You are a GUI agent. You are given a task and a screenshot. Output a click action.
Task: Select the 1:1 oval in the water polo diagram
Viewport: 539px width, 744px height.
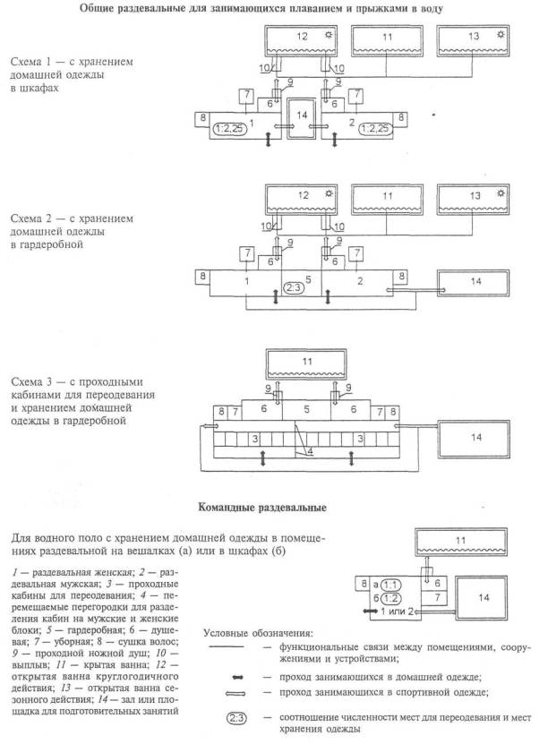(390, 583)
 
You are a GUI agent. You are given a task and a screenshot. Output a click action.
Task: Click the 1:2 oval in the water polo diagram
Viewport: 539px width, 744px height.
(390, 597)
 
